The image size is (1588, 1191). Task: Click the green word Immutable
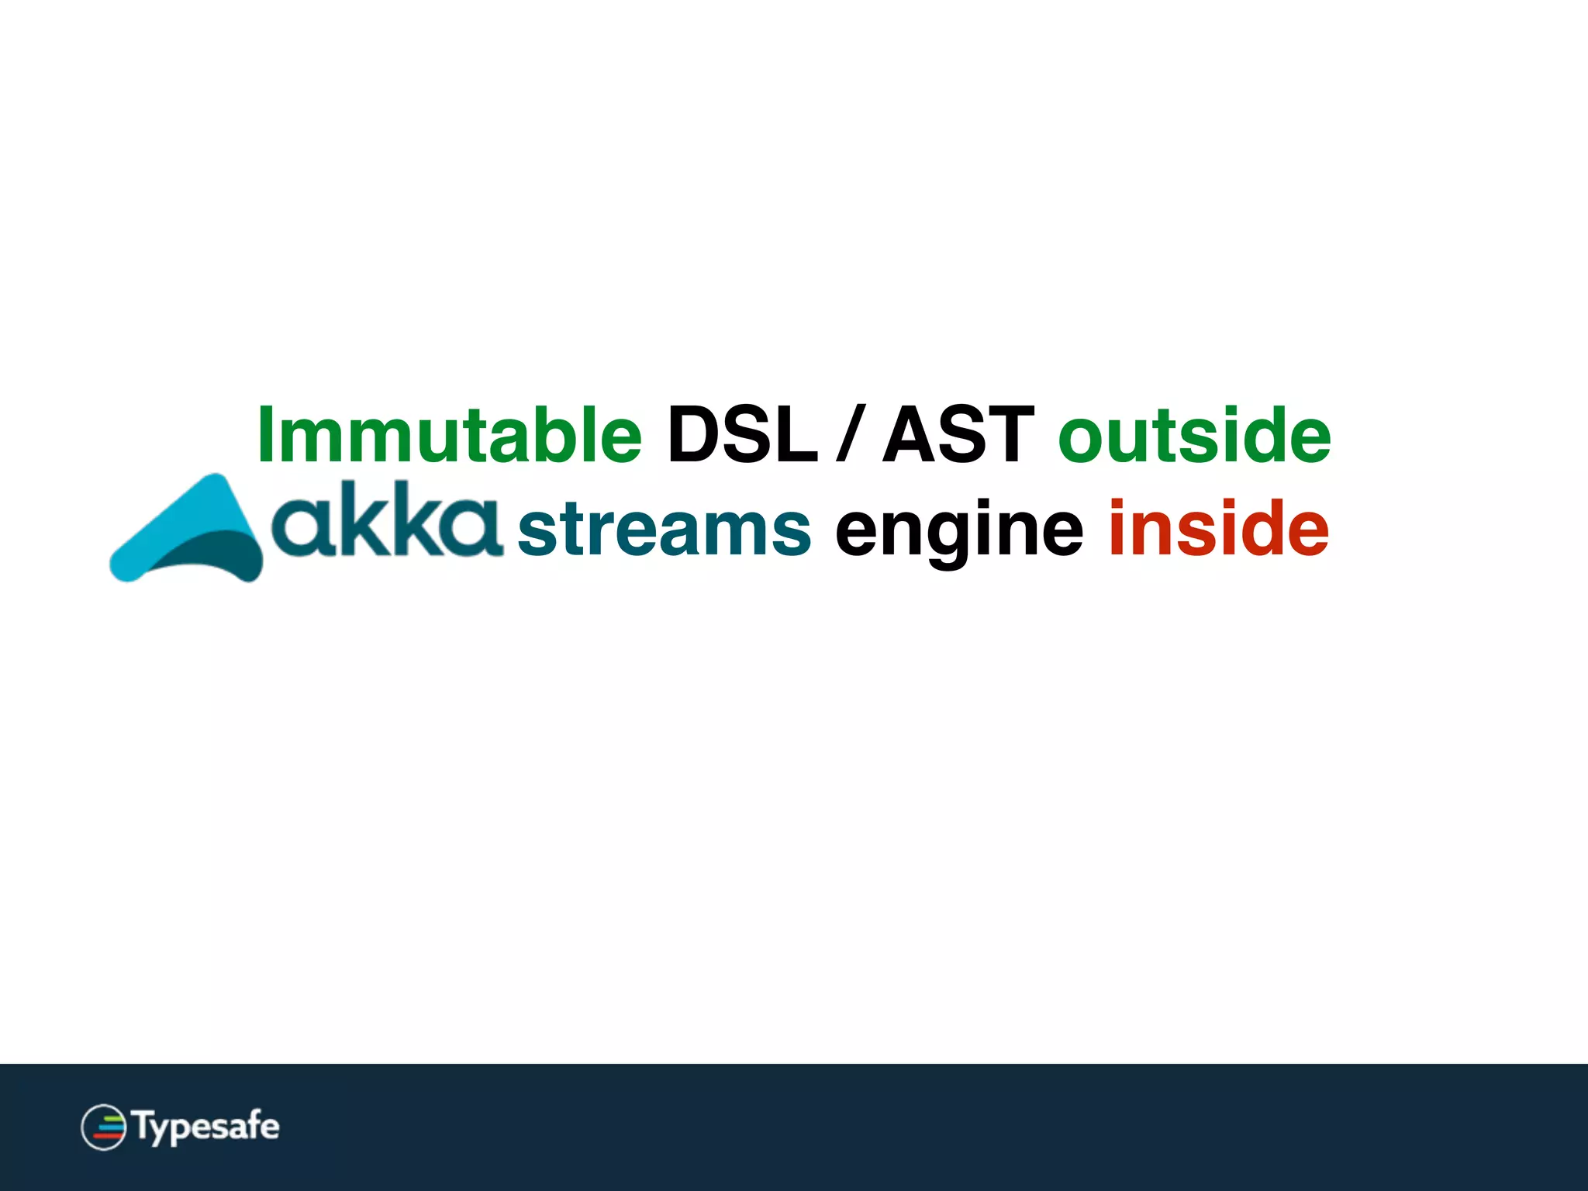point(450,435)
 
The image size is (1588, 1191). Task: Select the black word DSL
point(742,435)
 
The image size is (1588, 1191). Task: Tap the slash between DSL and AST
point(850,435)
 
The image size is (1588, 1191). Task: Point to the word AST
point(958,435)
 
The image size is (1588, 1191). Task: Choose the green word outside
point(1194,435)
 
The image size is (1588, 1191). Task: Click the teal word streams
point(664,530)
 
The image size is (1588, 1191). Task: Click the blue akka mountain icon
point(190,531)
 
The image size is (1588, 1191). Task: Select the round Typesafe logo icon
point(103,1127)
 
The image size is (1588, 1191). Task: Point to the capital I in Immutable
point(265,435)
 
